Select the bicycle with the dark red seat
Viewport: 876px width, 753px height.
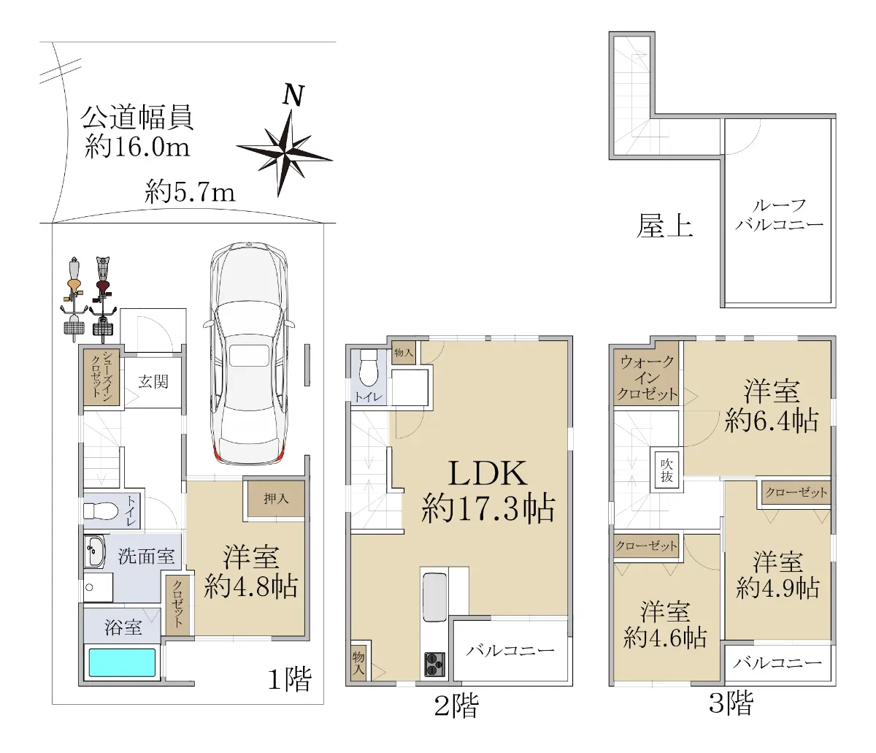click(103, 299)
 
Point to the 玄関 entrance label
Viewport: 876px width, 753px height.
click(153, 381)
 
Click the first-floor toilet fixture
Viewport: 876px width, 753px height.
click(101, 511)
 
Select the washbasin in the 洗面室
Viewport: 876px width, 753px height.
click(94, 551)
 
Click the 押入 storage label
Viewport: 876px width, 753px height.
click(276, 499)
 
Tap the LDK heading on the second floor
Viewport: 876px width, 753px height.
click(488, 473)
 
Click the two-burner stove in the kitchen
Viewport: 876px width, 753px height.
click(435, 665)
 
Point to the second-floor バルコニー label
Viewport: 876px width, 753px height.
click(510, 650)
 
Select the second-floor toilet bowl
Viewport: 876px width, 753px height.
click(368, 368)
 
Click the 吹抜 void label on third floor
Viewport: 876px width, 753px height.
click(666, 470)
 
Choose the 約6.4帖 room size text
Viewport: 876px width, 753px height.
click(772, 420)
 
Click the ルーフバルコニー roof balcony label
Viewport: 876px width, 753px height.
click(779, 215)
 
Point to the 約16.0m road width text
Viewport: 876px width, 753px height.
click(137, 147)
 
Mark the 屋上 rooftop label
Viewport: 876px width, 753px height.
click(664, 226)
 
